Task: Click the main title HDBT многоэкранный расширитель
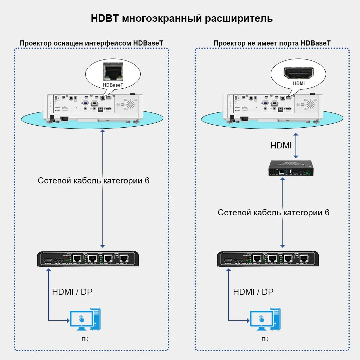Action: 182,18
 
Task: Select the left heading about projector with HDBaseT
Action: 91,43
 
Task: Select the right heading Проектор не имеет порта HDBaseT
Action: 272,43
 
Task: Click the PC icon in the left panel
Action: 85,319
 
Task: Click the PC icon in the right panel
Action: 265,319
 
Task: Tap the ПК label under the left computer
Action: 85,339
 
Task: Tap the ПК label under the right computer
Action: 265,339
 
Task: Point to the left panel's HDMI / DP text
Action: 72,292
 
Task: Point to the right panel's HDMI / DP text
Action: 253,292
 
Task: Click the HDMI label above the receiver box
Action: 281,146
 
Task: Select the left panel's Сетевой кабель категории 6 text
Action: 93,180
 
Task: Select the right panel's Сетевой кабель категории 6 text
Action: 273,213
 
